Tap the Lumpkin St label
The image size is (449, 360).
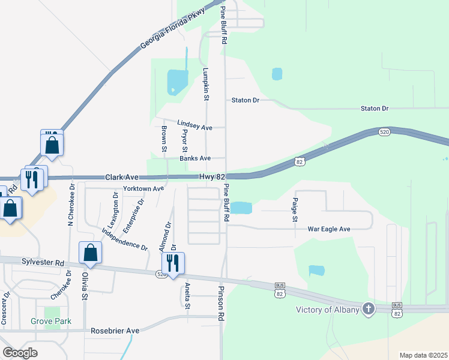pos(205,83)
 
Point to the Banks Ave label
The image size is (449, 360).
pos(196,158)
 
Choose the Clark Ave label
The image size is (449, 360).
pos(122,178)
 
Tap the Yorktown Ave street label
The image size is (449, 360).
pos(143,188)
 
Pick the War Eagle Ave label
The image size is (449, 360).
pos(328,229)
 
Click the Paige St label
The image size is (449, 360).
pos(295,210)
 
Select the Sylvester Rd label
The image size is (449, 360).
pos(44,263)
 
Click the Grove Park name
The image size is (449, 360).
pos(51,322)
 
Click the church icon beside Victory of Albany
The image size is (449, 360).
pos(369,310)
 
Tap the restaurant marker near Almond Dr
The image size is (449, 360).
pos(173,263)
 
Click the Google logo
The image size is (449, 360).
pos(20,353)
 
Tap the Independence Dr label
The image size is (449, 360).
pos(125,239)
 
